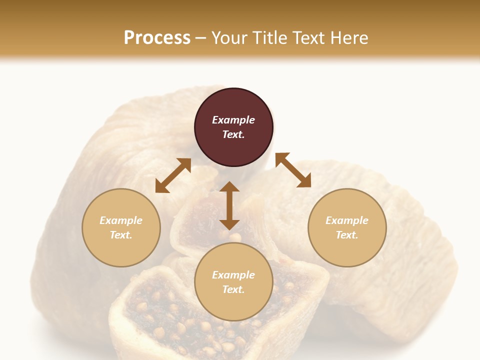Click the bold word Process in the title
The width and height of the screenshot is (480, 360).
[157, 38]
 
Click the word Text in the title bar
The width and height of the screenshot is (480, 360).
[310, 38]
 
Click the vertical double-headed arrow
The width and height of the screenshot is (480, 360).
[229, 205]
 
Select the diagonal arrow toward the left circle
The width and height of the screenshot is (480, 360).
[173, 175]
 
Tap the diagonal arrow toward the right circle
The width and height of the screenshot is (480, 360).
[293, 170]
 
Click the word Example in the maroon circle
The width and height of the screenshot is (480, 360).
[233, 120]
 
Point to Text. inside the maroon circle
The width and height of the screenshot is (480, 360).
[233, 134]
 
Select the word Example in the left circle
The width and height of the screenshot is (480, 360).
[121, 220]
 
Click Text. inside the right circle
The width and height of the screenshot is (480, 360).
[347, 235]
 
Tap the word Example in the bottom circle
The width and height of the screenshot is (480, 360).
[233, 275]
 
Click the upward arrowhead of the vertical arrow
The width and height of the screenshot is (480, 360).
[229, 187]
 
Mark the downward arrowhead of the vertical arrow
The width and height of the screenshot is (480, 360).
[229, 224]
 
